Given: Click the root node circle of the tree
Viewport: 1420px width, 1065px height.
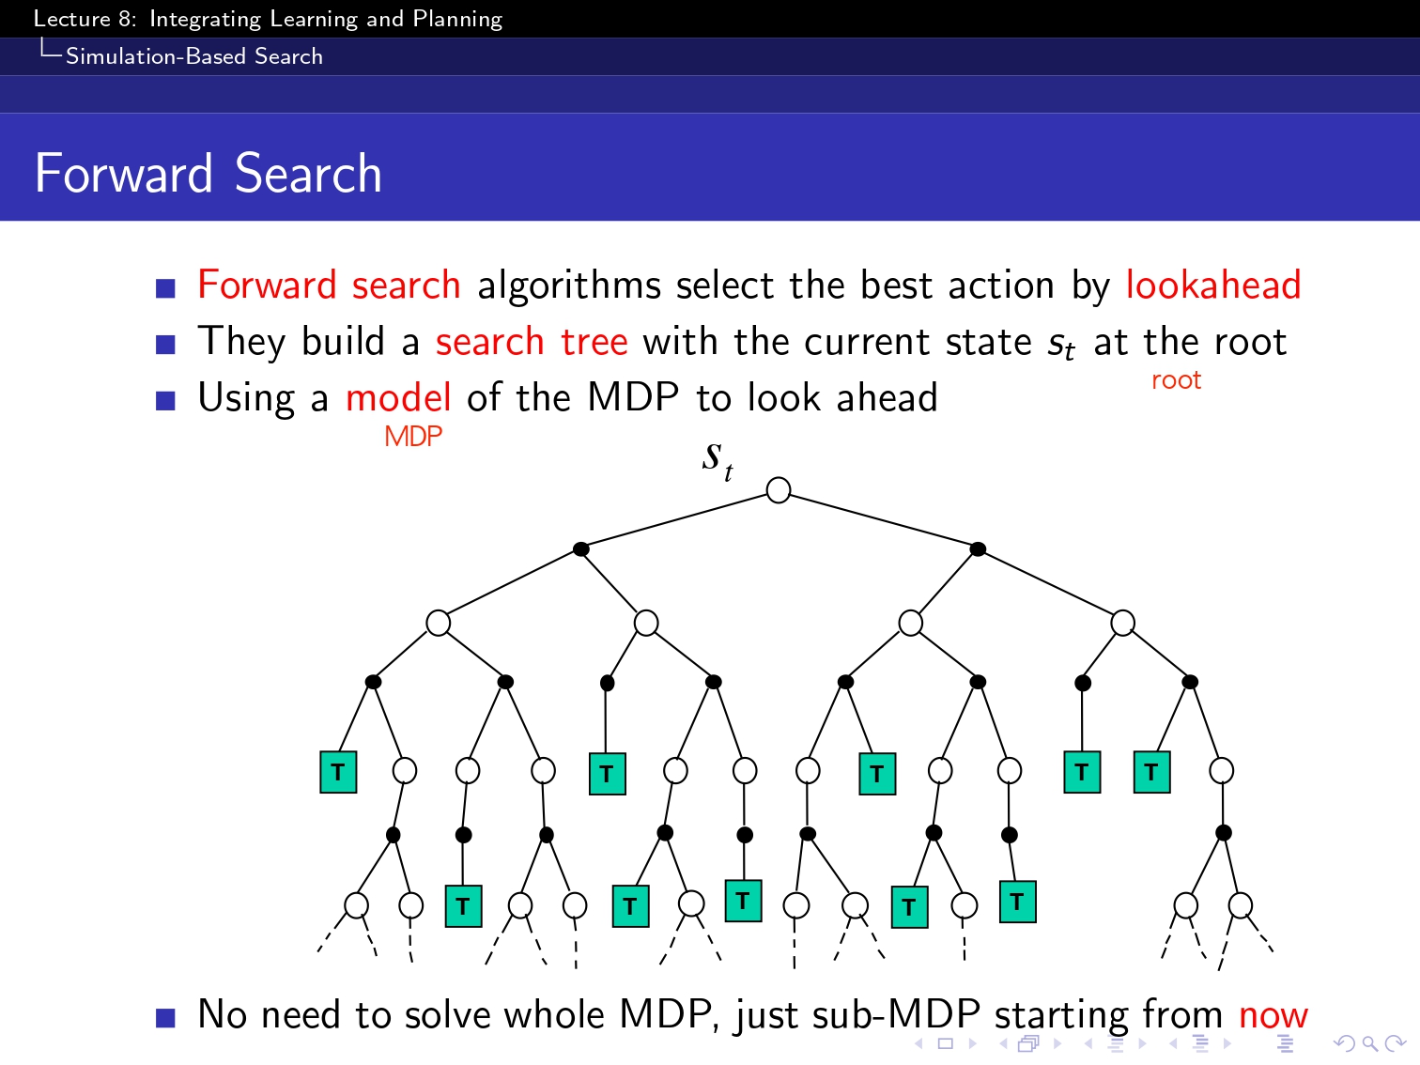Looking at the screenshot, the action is pyautogui.click(x=778, y=490).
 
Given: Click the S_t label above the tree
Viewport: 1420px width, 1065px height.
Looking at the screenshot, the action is pyautogui.click(x=718, y=459).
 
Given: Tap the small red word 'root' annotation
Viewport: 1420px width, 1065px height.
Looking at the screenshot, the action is pyautogui.click(x=1176, y=380).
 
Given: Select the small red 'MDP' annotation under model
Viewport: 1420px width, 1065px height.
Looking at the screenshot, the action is pyautogui.click(x=413, y=437).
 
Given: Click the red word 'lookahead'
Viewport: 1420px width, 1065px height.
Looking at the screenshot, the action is pyautogui.click(x=1213, y=286).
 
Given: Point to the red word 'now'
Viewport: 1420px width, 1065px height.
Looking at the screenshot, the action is pyautogui.click(x=1273, y=1015).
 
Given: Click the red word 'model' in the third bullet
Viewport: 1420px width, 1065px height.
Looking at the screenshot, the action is pyautogui.click(x=398, y=398).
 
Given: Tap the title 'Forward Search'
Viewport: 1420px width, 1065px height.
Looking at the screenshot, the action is pyautogui.click(x=208, y=174).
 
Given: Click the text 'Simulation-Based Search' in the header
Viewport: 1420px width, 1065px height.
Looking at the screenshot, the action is pyautogui.click(x=194, y=56).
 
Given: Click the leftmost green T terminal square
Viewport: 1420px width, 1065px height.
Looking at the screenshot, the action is pyautogui.click(x=338, y=772).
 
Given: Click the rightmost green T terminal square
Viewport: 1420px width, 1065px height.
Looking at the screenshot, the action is pyautogui.click(x=1151, y=772).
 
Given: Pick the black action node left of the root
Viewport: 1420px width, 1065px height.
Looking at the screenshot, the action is pyautogui.click(x=580, y=549).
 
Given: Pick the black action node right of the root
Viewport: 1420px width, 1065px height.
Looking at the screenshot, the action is pyautogui.click(x=978, y=549).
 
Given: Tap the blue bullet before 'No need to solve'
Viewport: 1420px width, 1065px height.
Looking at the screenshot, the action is pyautogui.click(x=165, y=1017).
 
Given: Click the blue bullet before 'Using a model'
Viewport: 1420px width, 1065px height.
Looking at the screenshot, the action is pyautogui.click(x=165, y=401).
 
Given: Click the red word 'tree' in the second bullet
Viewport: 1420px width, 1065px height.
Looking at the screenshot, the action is pyautogui.click(x=594, y=342).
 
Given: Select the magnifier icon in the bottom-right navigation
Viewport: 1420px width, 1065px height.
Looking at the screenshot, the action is pyautogui.click(x=1369, y=1043).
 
